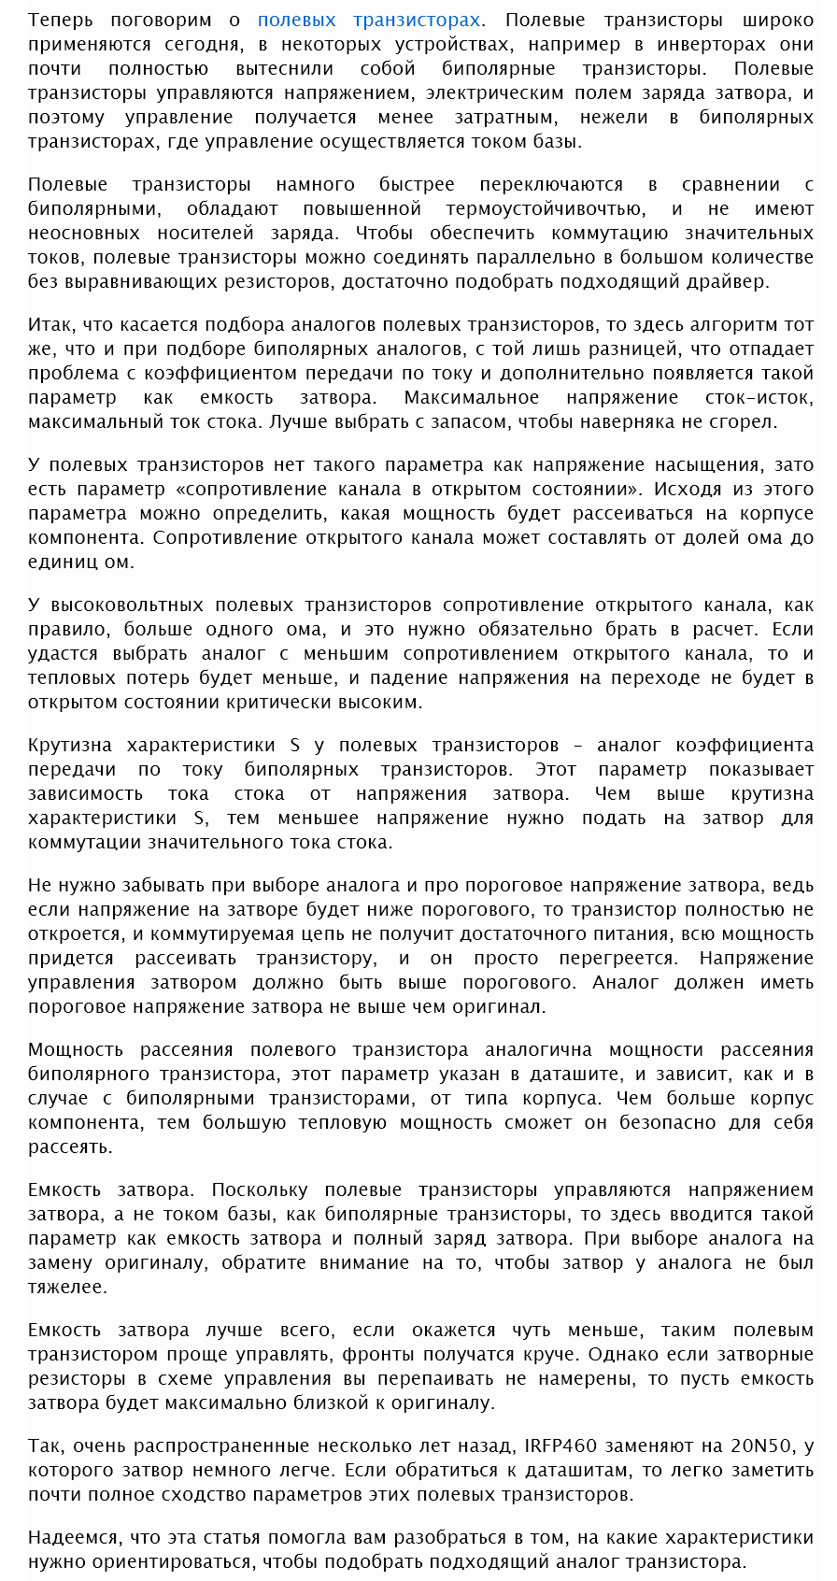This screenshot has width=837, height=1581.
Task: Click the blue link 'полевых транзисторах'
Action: pyautogui.click(x=369, y=20)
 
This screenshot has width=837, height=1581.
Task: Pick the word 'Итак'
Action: pyautogui.click(x=50, y=324)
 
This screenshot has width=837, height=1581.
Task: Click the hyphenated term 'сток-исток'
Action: pyautogui.click(x=759, y=397)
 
